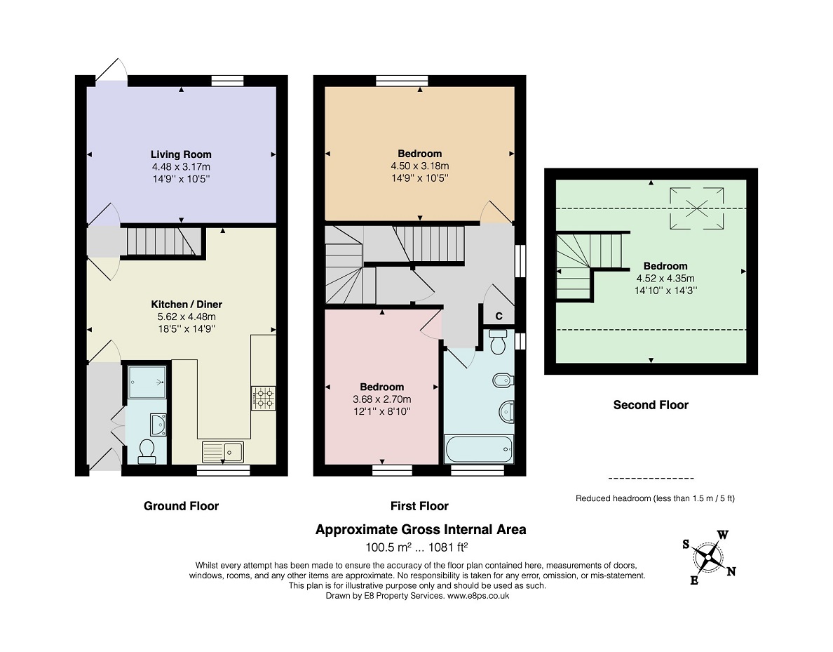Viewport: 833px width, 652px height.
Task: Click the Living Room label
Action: click(x=181, y=154)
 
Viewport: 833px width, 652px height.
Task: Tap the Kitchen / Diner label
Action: click(x=187, y=304)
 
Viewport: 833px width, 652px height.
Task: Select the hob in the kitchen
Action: click(x=264, y=398)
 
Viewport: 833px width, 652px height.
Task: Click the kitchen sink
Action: click(x=223, y=451)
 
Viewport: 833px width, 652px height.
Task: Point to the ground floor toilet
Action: click(x=146, y=451)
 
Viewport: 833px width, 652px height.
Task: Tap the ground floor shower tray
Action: click(x=147, y=382)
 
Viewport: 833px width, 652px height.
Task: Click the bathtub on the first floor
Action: click(x=479, y=449)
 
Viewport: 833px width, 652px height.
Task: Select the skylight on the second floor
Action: click(x=696, y=208)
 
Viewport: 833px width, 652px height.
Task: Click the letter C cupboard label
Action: click(x=499, y=316)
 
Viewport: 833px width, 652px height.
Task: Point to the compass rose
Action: click(x=709, y=558)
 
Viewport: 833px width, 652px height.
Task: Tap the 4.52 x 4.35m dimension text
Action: click(x=665, y=278)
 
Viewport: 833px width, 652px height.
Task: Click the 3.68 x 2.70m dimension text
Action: click(x=382, y=399)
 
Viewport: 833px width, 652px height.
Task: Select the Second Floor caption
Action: click(x=651, y=405)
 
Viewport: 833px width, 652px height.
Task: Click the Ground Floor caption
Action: click(x=181, y=506)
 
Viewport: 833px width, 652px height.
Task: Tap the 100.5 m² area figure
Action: click(x=389, y=547)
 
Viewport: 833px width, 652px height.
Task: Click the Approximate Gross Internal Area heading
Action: click(x=421, y=529)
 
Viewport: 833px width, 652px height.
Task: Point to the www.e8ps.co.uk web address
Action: click(x=478, y=596)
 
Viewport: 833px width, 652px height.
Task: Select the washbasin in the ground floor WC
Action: click(x=158, y=425)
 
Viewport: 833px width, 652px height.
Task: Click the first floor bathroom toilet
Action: click(x=498, y=341)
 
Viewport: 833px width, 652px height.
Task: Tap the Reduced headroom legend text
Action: click(x=655, y=498)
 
